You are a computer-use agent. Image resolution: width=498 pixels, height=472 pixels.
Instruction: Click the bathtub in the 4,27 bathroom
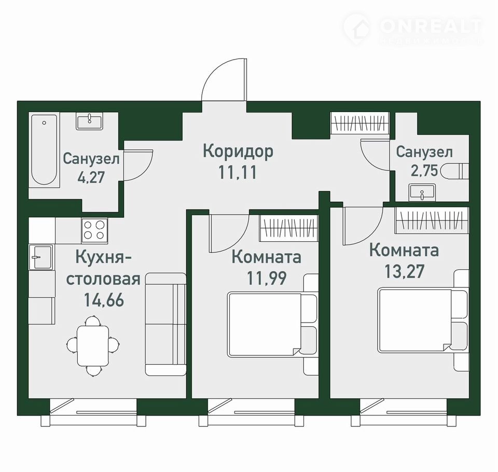click(44, 150)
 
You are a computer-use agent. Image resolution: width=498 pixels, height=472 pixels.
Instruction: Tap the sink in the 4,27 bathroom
click(89, 121)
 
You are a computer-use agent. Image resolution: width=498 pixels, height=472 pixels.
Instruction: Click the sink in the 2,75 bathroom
click(422, 192)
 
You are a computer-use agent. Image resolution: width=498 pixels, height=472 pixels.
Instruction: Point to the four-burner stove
click(94, 230)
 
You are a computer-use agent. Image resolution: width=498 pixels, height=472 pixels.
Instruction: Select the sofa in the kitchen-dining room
click(165, 324)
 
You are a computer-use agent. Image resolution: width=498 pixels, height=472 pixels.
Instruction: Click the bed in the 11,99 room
click(272, 324)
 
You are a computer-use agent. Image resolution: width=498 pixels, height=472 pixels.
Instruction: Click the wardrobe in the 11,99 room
click(289, 228)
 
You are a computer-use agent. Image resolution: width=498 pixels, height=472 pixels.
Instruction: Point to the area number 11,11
click(237, 173)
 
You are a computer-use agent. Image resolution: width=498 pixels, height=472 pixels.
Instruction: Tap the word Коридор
click(238, 152)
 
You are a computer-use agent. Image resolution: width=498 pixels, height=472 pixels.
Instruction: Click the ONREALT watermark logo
click(413, 29)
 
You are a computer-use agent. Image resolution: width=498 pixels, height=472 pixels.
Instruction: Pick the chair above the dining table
click(93, 321)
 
